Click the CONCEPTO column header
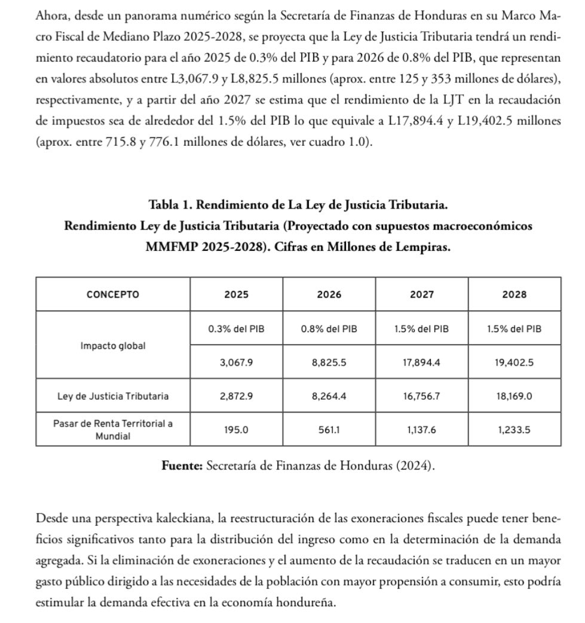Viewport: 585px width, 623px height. (x=112, y=294)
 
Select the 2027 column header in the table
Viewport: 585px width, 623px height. (x=422, y=294)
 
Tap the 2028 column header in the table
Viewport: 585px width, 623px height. (x=514, y=294)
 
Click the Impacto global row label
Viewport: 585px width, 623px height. (x=112, y=346)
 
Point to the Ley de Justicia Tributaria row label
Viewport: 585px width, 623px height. (x=112, y=395)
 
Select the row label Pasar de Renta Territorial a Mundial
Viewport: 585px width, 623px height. (x=112, y=429)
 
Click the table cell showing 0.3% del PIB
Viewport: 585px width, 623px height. (x=236, y=329)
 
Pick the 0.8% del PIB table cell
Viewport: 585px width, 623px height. (x=329, y=329)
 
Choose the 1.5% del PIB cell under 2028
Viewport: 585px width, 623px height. (x=514, y=329)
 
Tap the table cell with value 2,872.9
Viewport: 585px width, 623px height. (x=236, y=395)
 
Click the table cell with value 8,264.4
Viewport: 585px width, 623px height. (x=329, y=395)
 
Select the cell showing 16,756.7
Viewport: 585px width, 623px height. (x=422, y=395)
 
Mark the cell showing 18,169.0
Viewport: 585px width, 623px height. (x=514, y=395)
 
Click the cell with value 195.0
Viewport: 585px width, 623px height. (x=236, y=429)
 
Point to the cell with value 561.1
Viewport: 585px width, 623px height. (x=329, y=429)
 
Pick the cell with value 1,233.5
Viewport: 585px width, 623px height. (x=514, y=429)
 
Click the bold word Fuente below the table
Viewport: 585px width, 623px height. (x=182, y=466)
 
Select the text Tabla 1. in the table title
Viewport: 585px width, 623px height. (x=170, y=205)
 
